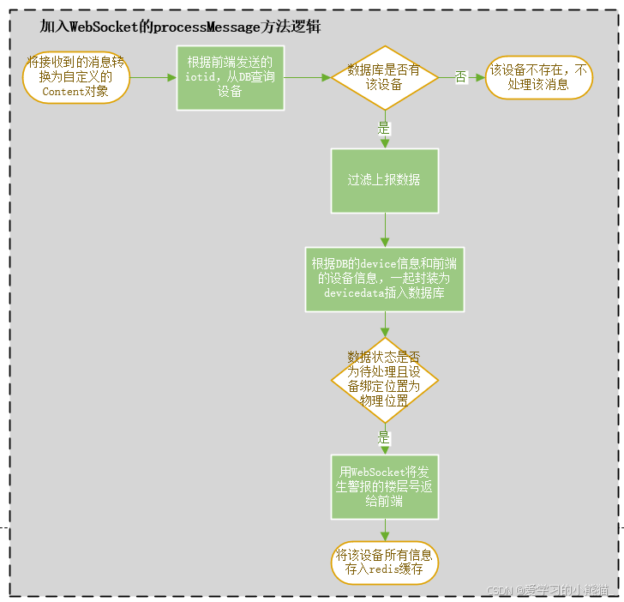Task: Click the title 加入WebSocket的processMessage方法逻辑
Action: click(180, 27)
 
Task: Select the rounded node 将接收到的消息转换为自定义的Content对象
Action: click(76, 77)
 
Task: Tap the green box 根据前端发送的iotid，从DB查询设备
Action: click(230, 77)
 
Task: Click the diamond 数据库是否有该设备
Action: click(384, 77)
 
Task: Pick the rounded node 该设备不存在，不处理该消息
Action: click(538, 77)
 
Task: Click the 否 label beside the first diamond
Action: click(460, 78)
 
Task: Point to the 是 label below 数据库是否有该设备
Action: click(384, 127)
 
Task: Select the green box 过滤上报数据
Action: click(384, 180)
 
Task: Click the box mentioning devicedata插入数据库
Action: click(385, 279)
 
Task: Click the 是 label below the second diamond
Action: click(384, 437)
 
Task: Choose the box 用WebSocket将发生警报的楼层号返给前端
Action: click(384, 486)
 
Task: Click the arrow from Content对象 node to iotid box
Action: click(153, 77)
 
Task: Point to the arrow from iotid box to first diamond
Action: click(307, 77)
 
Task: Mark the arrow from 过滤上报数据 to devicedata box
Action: click(385, 230)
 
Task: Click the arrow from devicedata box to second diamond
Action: click(385, 323)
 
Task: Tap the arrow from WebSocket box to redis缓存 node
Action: click(385, 530)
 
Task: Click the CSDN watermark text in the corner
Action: click(547, 591)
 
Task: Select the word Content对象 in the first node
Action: click(76, 91)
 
